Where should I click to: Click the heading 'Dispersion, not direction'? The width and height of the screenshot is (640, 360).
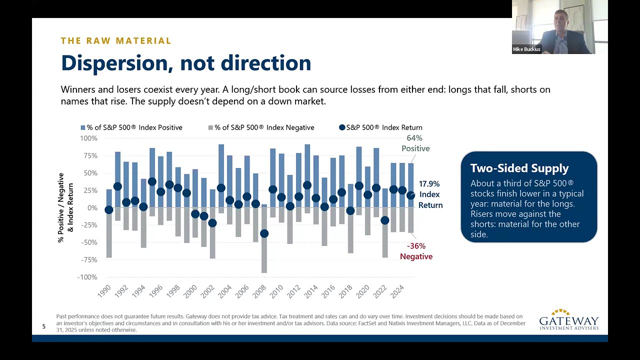(x=186, y=63)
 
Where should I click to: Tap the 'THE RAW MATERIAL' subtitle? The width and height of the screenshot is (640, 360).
(x=116, y=41)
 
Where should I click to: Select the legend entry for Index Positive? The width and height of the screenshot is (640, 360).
(x=131, y=127)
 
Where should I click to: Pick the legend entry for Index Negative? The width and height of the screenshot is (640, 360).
(x=261, y=127)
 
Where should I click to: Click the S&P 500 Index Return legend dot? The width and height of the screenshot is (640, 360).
(x=342, y=127)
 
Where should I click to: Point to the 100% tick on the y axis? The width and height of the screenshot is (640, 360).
(x=88, y=138)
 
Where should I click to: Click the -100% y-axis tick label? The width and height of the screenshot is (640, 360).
(x=87, y=277)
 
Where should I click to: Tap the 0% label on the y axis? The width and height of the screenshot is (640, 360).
(x=92, y=207)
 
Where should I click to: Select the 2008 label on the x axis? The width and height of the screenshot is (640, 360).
(x=259, y=291)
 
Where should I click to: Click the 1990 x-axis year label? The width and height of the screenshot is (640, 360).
(x=104, y=291)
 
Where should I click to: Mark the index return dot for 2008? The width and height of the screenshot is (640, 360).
(x=264, y=233)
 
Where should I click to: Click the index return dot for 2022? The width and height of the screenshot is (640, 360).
(x=385, y=220)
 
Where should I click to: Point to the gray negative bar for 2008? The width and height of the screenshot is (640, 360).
(x=264, y=240)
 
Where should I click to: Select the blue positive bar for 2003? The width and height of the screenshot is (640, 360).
(x=221, y=176)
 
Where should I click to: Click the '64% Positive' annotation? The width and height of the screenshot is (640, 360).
(x=415, y=143)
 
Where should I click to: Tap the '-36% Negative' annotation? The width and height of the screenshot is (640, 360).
(x=416, y=251)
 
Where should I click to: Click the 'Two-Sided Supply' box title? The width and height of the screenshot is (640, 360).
(x=519, y=168)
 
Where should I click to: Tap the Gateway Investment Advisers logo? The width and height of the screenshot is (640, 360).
(x=569, y=319)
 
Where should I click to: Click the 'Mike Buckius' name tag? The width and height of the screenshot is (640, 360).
(x=526, y=49)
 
